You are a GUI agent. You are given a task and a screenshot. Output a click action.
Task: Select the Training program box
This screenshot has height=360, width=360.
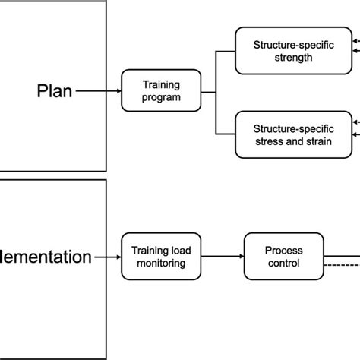pyautogui.click(x=162, y=90)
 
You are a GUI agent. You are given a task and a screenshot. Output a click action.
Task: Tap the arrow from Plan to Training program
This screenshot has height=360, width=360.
pyautogui.click(x=98, y=90)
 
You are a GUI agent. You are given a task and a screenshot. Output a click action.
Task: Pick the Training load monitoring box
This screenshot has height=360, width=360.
pyautogui.click(x=162, y=257)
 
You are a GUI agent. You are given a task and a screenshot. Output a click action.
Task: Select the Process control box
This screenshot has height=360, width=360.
pyautogui.click(x=282, y=257)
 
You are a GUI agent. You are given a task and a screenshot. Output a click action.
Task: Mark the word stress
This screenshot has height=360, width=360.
pyautogui.click(x=268, y=141)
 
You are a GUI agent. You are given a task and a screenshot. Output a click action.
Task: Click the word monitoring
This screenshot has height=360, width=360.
pyautogui.click(x=162, y=264)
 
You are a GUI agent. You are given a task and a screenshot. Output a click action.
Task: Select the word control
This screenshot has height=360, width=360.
pyautogui.click(x=282, y=264)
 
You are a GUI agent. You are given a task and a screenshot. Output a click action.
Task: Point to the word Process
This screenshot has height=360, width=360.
pyautogui.click(x=282, y=250)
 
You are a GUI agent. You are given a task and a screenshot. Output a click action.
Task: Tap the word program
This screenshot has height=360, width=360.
pyautogui.click(x=162, y=97)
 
